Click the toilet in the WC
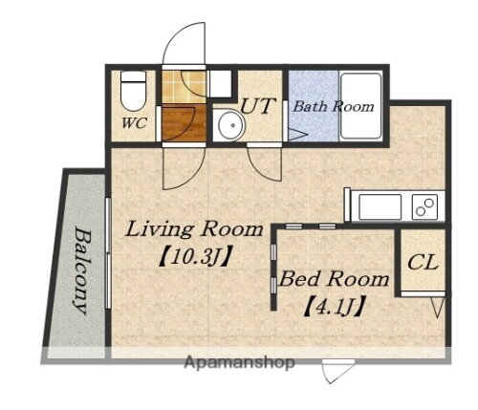[133, 91]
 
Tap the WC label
[134, 123]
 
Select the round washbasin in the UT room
[231, 125]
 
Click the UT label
[257, 106]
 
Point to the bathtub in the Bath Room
[361, 106]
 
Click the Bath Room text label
[334, 106]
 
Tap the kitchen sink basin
[380, 206]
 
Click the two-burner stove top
[424, 206]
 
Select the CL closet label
[423, 263]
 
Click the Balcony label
[80, 270]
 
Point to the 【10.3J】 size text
[194, 257]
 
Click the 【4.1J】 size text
[334, 307]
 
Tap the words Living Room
[194, 229]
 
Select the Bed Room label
[334, 279]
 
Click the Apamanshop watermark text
[239, 362]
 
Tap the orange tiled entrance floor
[184, 86]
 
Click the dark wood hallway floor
[184, 122]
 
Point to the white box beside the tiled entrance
[220, 84]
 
